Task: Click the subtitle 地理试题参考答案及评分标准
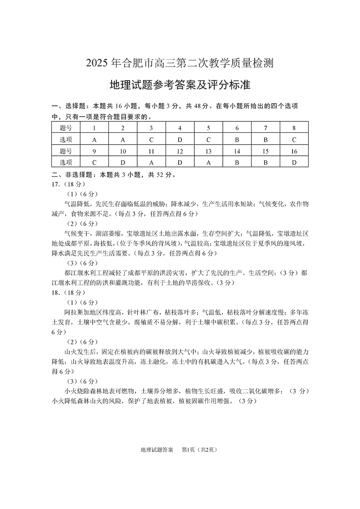pyautogui.click(x=180, y=85)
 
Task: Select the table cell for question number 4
pyautogui.click(x=180, y=128)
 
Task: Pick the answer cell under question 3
pyautogui.click(x=151, y=140)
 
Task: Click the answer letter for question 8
pyautogui.click(x=294, y=140)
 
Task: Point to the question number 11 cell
pyautogui.click(x=151, y=151)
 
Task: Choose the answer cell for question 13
pyautogui.click(x=208, y=162)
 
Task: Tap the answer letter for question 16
pyautogui.click(x=294, y=162)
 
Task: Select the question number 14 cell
pyautogui.click(x=237, y=151)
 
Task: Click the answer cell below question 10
pyautogui.click(x=123, y=162)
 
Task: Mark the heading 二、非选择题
pyautogui.click(x=72, y=175)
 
